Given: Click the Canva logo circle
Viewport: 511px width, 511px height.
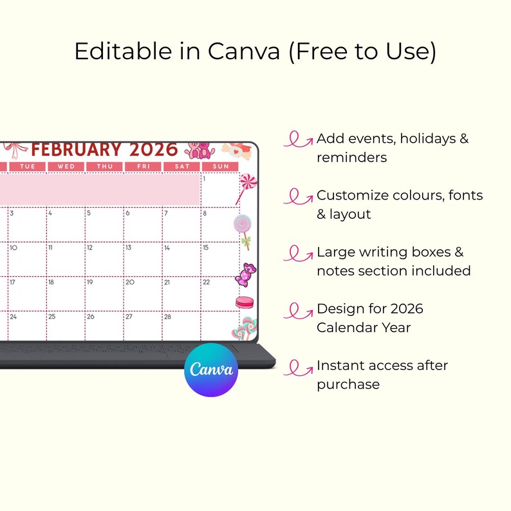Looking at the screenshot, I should (x=211, y=369).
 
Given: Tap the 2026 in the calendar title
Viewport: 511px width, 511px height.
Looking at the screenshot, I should (x=153, y=150).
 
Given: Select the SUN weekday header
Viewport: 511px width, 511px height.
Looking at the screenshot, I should (x=220, y=167).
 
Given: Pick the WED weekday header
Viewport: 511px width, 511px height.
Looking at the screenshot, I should (x=66, y=167).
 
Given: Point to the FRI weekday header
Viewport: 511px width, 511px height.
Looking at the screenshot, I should (x=143, y=167).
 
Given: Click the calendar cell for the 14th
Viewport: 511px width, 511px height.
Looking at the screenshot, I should (x=181, y=260).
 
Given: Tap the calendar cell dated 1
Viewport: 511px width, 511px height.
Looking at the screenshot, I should (x=219, y=190).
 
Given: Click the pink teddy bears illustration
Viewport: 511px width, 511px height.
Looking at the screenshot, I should (x=200, y=150).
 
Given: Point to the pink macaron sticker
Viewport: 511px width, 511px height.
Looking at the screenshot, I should (x=244, y=302).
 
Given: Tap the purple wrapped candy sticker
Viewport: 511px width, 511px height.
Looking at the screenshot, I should (x=248, y=274).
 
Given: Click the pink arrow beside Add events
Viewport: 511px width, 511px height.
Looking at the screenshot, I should (x=298, y=140).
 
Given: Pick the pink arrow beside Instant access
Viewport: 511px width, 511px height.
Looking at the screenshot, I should (x=298, y=367).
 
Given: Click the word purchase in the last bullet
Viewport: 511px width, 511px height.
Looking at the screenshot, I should (x=348, y=384).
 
